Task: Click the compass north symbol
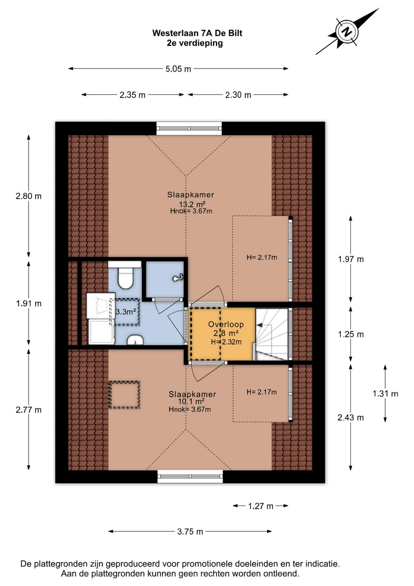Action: (347, 32)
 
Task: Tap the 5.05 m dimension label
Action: (178, 69)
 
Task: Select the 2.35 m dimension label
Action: (132, 95)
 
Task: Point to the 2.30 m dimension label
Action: (238, 95)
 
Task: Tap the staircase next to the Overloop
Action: (272, 334)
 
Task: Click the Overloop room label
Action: (226, 324)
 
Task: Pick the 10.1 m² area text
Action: (191, 401)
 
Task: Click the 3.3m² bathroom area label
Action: (126, 311)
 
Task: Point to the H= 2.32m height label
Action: (226, 342)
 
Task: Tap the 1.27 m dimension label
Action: (261, 506)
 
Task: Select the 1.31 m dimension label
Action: (385, 394)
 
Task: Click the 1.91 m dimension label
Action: (29, 303)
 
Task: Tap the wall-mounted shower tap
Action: (178, 278)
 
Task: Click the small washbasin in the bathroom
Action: (135, 340)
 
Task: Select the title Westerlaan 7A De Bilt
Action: (197, 33)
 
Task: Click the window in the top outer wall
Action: (189, 128)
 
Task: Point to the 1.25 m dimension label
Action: (351, 334)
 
